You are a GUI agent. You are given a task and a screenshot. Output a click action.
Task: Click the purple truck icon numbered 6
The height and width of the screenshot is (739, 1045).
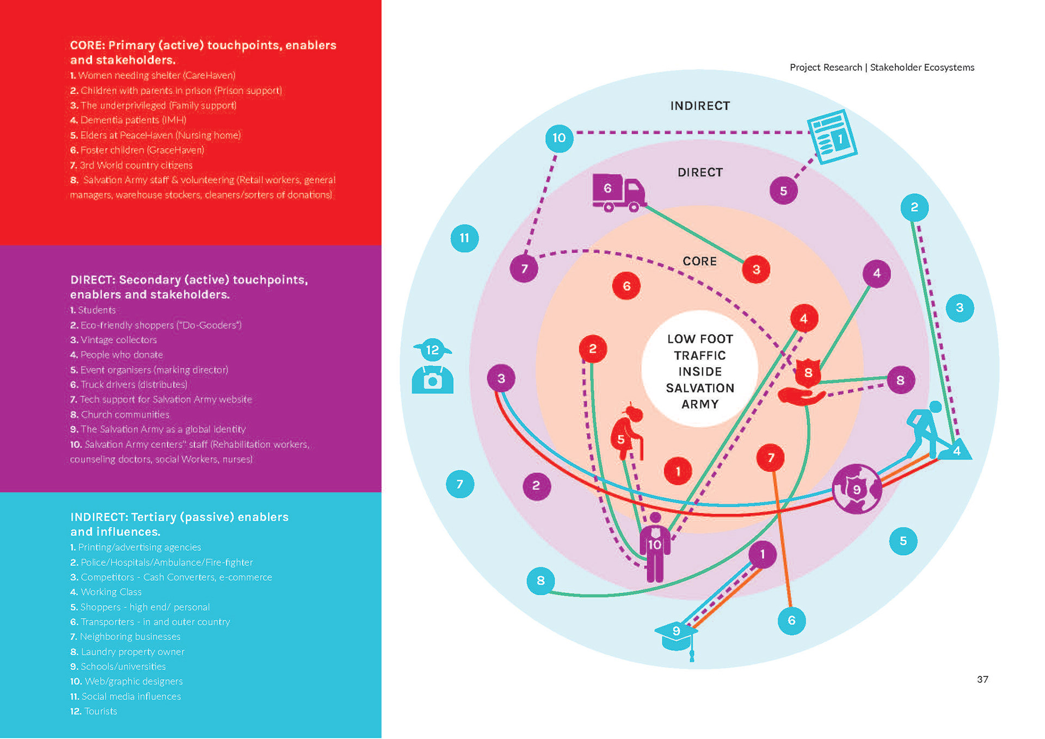click(619, 192)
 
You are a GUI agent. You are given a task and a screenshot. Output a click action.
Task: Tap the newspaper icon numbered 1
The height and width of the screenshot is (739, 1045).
click(832, 137)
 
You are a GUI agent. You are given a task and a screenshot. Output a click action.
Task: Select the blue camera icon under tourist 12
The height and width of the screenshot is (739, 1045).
click(433, 379)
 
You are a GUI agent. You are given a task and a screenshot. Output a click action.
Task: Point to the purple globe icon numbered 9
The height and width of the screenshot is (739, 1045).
click(857, 489)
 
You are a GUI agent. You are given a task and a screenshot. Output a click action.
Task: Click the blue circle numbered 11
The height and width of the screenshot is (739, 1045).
click(464, 238)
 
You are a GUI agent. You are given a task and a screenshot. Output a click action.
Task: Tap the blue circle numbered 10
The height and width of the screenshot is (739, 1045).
click(559, 138)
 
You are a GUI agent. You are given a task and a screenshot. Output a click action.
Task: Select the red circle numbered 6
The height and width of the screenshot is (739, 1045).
click(626, 286)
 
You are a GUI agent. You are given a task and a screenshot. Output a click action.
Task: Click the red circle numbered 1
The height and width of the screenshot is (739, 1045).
click(678, 471)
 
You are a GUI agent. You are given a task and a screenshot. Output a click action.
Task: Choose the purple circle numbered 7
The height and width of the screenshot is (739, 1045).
click(524, 268)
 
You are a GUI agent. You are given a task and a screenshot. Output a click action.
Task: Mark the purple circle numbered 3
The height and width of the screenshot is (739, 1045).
click(501, 378)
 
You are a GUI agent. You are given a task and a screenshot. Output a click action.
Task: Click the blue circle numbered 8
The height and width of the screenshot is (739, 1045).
click(540, 581)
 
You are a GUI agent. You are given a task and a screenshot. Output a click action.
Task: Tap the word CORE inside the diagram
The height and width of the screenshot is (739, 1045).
click(699, 261)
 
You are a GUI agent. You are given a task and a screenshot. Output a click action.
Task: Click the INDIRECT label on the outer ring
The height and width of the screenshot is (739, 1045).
click(700, 106)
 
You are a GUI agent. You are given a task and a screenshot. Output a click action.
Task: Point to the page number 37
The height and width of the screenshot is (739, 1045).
click(982, 679)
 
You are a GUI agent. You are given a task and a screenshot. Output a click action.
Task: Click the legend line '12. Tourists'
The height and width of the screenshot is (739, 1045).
click(94, 711)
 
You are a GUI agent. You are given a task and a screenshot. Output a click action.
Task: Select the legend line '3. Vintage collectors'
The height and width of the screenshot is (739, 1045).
click(113, 340)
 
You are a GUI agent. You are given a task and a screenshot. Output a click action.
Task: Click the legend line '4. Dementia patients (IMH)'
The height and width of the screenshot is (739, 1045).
click(128, 120)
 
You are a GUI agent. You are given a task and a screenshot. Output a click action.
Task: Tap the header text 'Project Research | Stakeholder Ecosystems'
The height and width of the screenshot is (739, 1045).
click(882, 67)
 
